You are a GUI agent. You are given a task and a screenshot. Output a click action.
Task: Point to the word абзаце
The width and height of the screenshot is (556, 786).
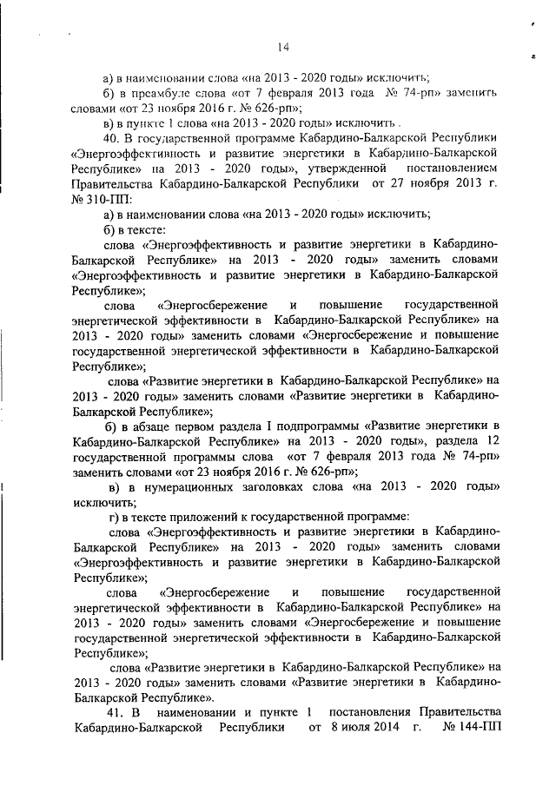tap(149, 425)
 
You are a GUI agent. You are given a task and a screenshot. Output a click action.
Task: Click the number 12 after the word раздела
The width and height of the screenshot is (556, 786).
tap(493, 439)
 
